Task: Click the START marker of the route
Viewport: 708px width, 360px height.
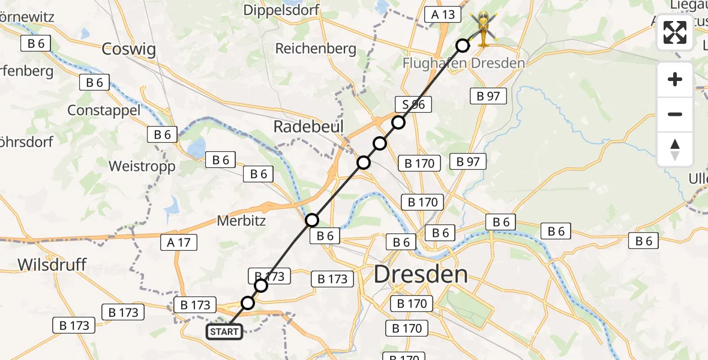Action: (225, 332)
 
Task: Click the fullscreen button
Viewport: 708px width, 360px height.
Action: (675, 32)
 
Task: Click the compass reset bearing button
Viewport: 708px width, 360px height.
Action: (675, 149)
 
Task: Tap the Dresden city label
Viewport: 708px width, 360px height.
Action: (420, 274)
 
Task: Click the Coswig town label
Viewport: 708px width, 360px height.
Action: (128, 49)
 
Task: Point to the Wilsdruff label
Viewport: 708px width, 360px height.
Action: (52, 265)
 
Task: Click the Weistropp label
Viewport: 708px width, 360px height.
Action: (142, 166)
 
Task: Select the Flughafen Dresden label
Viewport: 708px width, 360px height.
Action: (464, 63)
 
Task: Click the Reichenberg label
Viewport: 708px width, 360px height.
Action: (316, 49)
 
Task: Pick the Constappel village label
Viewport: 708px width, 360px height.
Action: (104, 110)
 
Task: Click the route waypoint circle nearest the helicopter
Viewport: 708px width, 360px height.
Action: (463, 46)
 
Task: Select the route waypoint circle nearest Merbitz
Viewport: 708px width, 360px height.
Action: (312, 220)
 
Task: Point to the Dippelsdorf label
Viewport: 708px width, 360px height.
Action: (281, 10)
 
